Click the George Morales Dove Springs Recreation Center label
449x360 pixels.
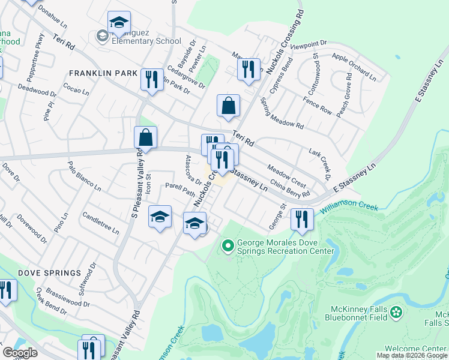(x=285, y=247)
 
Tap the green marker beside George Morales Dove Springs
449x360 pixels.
(x=228, y=245)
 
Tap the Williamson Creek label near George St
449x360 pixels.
(x=348, y=205)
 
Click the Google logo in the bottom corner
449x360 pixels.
(x=20, y=353)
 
